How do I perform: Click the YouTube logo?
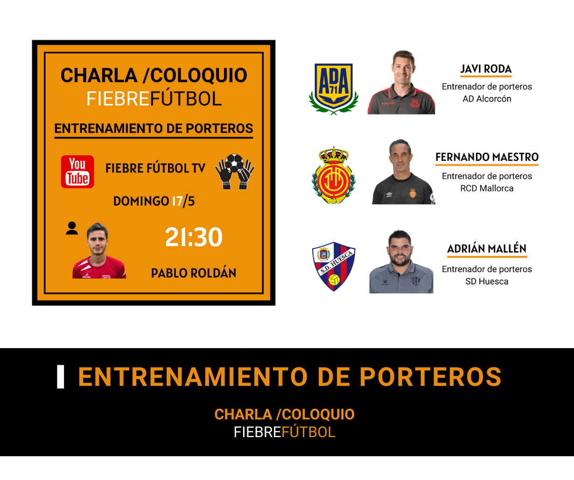77,171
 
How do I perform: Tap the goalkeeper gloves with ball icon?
235,171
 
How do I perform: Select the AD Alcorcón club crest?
334,89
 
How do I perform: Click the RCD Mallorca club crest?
334,176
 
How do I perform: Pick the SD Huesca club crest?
334,266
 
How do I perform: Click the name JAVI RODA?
486,69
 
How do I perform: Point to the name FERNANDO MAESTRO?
487,157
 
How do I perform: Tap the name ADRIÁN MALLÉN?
487,248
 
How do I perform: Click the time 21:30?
194,237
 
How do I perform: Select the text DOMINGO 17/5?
154,201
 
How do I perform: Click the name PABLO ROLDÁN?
194,273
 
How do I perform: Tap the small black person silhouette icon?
72,228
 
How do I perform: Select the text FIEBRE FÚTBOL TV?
155,168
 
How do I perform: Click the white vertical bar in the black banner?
61,377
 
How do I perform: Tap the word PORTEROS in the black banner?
430,377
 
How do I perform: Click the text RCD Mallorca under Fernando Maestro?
487,188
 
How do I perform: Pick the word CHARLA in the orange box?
99,75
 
